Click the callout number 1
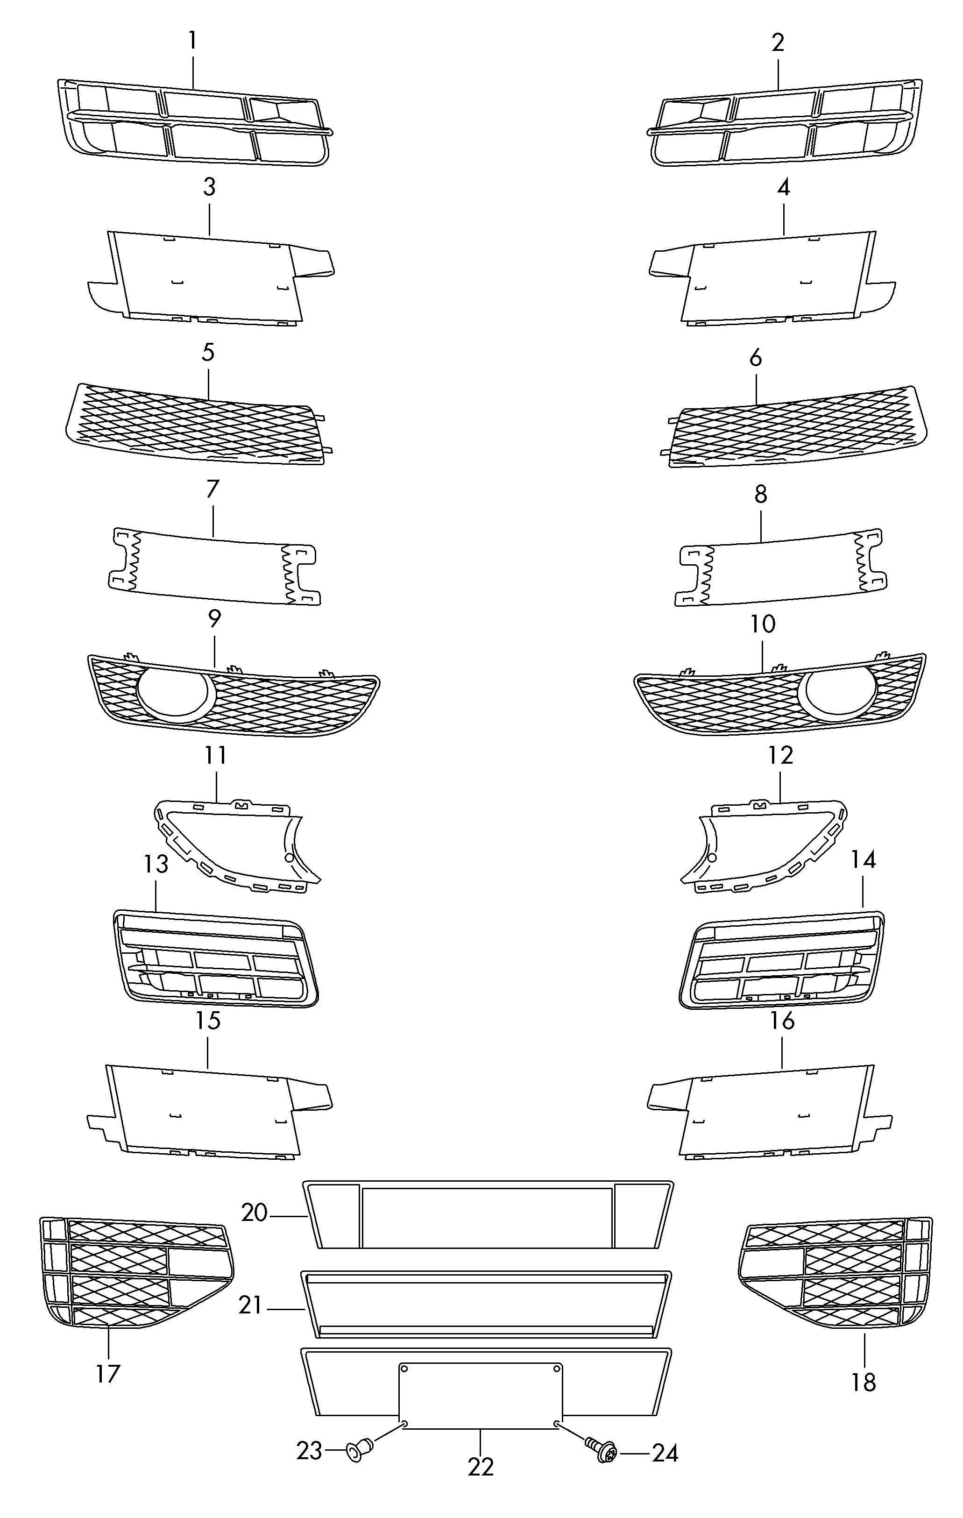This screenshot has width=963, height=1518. [193, 42]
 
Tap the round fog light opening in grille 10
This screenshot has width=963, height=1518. [837, 694]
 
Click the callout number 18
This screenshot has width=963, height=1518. [864, 1383]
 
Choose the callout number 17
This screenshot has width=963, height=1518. [108, 1374]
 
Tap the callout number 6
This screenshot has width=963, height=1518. [756, 357]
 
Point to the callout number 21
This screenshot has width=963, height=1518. [250, 1305]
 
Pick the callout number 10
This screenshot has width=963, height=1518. [763, 624]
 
